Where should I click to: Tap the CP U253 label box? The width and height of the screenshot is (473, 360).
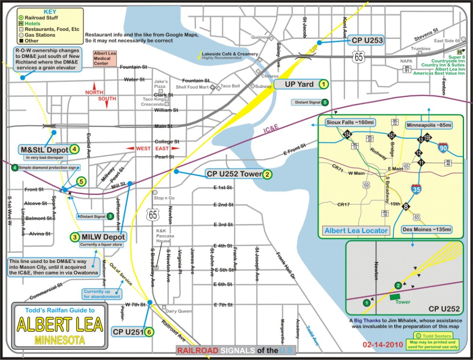(x=366, y=41)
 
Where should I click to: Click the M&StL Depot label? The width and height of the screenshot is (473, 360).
(x=45, y=150)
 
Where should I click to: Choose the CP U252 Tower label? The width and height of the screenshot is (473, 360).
(x=233, y=174)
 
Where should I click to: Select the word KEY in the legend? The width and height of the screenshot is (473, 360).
(x=48, y=11)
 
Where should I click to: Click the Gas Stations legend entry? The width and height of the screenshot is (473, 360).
(x=45, y=35)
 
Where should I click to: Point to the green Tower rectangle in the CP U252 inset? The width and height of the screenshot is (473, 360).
(x=396, y=295)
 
